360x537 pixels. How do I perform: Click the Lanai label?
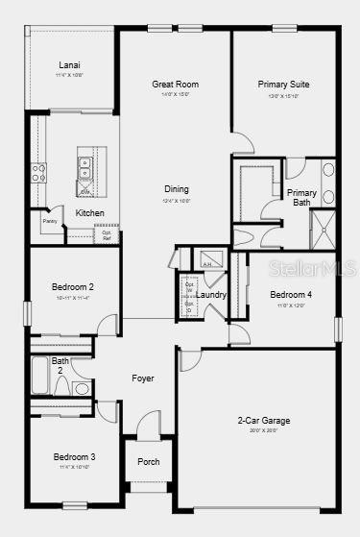coord(69,65)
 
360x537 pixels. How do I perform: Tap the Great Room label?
coord(176,85)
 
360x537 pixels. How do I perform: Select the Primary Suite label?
coord(283,85)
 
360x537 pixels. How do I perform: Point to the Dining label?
coord(177,189)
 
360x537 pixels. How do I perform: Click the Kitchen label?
coord(90,212)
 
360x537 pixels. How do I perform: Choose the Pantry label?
coord(50,222)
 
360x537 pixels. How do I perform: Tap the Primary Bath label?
coord(301,197)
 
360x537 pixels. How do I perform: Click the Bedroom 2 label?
coord(73,286)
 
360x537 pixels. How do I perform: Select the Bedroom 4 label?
coord(290,294)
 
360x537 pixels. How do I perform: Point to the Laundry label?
coord(212,295)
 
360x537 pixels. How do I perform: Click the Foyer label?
coord(143,378)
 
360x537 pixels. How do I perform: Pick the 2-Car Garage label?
coord(264,420)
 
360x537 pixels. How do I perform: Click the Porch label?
coord(149,461)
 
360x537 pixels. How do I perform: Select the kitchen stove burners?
coord(38,173)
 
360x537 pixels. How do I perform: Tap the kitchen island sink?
coord(85,164)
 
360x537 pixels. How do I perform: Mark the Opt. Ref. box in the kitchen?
coord(107,234)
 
